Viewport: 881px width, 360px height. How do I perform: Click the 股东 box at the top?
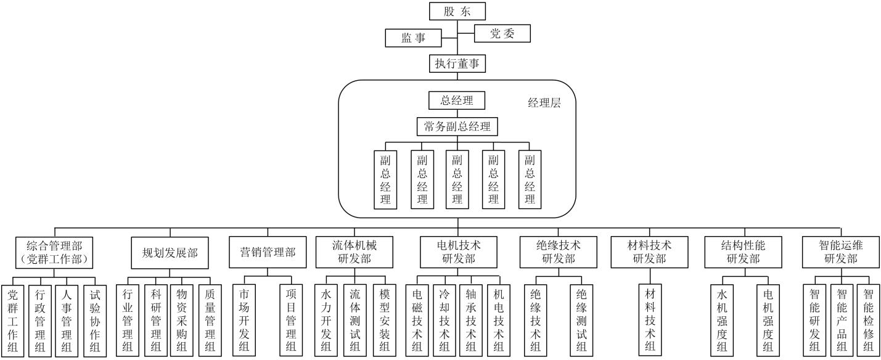[457, 10]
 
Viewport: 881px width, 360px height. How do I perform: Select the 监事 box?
[413, 38]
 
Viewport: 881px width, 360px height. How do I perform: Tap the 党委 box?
[502, 34]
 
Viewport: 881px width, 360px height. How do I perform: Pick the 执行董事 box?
[457, 63]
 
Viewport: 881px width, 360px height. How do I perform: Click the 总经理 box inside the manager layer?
[457, 100]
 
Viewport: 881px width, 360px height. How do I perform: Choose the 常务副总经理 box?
[457, 126]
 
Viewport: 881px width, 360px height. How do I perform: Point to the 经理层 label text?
[544, 103]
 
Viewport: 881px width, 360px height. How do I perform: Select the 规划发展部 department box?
[166, 252]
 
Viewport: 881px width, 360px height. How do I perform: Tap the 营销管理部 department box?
[268, 252]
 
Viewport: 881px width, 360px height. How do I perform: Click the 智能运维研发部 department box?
[840, 252]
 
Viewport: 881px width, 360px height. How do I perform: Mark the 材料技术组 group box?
[650, 320]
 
